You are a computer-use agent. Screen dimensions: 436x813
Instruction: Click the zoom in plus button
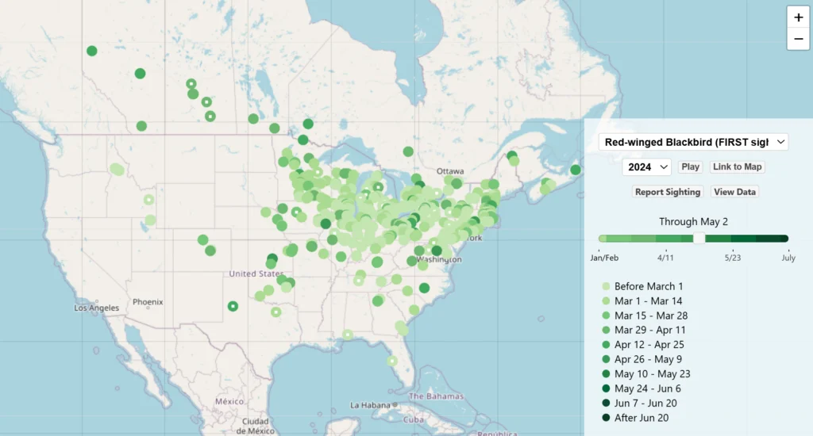tap(798, 17)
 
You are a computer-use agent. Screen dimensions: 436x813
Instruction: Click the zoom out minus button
tap(798, 39)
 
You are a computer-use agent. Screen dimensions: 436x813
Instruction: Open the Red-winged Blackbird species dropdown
tap(693, 142)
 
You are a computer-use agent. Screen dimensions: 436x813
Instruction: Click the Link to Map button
tap(737, 166)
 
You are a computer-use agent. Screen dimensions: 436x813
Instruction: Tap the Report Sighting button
tap(668, 192)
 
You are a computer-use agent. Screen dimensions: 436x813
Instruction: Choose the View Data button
tap(734, 192)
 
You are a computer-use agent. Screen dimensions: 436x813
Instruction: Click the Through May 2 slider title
tap(693, 222)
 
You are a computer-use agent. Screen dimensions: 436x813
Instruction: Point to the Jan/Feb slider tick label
tap(605, 258)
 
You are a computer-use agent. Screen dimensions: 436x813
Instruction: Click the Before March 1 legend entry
tap(648, 286)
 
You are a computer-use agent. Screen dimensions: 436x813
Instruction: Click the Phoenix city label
tap(148, 302)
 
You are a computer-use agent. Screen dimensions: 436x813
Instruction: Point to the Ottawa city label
tap(449, 171)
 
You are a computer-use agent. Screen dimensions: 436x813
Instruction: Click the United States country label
tap(255, 273)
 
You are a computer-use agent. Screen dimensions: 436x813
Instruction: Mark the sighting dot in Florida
tap(391, 361)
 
